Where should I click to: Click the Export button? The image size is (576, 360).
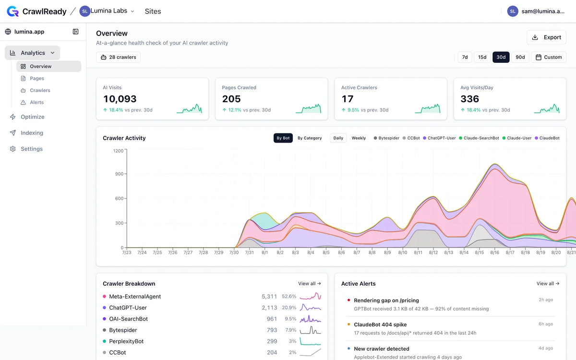[x=546, y=37]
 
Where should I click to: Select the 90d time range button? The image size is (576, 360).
[x=520, y=57]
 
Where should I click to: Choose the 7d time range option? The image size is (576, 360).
[x=465, y=57]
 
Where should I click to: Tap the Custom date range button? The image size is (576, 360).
[x=549, y=57]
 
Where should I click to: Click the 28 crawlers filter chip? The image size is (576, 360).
[x=118, y=57]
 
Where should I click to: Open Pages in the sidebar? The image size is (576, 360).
[x=37, y=78]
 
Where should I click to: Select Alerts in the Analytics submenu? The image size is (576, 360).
[x=37, y=102]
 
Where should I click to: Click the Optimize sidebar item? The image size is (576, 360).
[x=33, y=117]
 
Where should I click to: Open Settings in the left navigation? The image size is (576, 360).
[x=32, y=149]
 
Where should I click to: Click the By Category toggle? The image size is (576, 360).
[x=310, y=138]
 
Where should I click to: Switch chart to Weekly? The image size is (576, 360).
[x=359, y=138]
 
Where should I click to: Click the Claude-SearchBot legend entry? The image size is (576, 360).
[x=479, y=138]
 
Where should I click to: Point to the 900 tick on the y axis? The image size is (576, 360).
[x=120, y=174]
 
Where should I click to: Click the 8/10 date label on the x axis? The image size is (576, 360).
[x=402, y=252]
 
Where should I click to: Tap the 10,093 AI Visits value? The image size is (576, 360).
[x=120, y=99]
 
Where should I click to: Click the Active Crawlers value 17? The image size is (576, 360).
[x=348, y=99]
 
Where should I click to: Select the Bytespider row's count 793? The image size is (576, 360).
[x=272, y=330]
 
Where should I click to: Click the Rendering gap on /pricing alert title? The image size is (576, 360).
[x=386, y=300]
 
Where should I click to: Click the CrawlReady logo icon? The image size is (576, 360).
[x=12, y=12]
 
